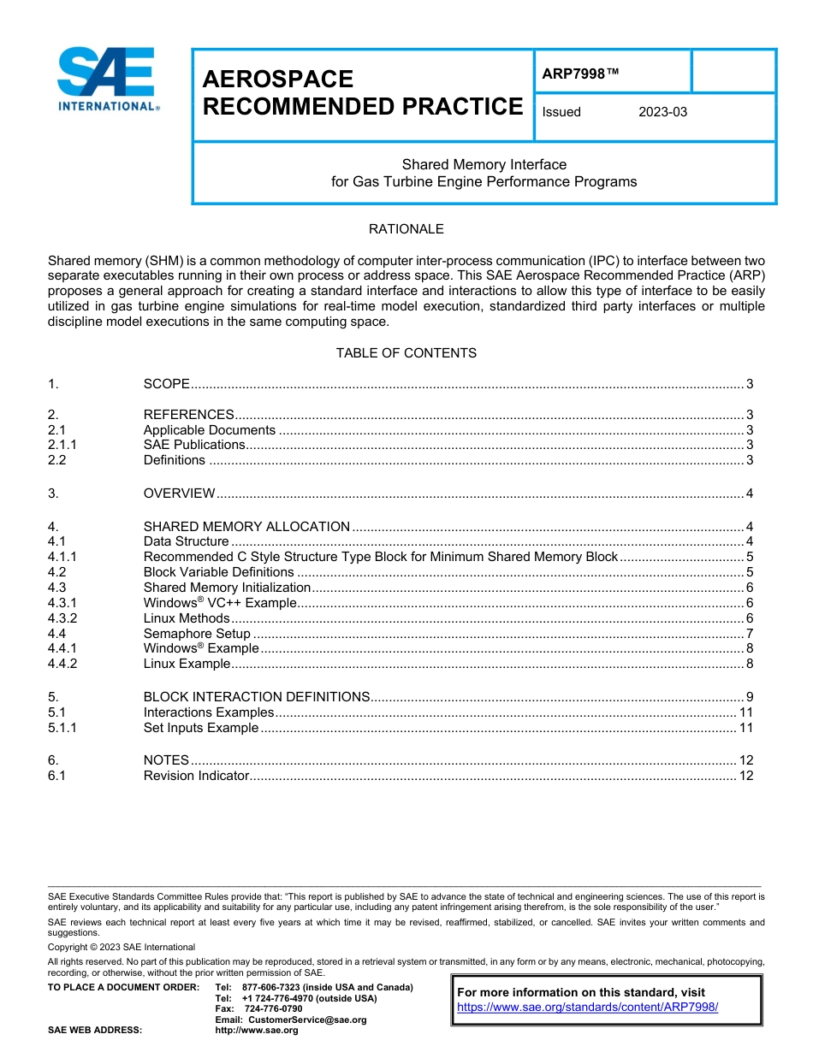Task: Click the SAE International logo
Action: pyautogui.click(x=107, y=79)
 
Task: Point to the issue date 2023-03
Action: pyautogui.click(x=662, y=112)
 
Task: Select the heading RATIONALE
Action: pyautogui.click(x=406, y=229)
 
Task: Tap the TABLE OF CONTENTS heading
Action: pyautogui.click(x=406, y=353)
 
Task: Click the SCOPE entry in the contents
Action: pyautogui.click(x=166, y=385)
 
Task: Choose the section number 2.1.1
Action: pyautogui.click(x=62, y=445)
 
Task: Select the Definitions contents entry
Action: pyautogui.click(x=174, y=460)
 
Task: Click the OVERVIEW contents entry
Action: pyautogui.click(x=179, y=493)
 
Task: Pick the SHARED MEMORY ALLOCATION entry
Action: pyautogui.click(x=246, y=527)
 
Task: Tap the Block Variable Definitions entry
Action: pyautogui.click(x=218, y=572)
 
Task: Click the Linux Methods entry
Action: pyautogui.click(x=187, y=618)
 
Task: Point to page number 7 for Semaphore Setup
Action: pyautogui.click(x=749, y=634)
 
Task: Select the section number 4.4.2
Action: pyautogui.click(x=62, y=664)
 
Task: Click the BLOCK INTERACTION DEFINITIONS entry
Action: pyautogui.click(x=257, y=696)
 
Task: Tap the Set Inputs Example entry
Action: pyautogui.click(x=200, y=728)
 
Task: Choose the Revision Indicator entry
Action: pyautogui.click(x=196, y=776)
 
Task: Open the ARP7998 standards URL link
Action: pyautogui.click(x=587, y=1008)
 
